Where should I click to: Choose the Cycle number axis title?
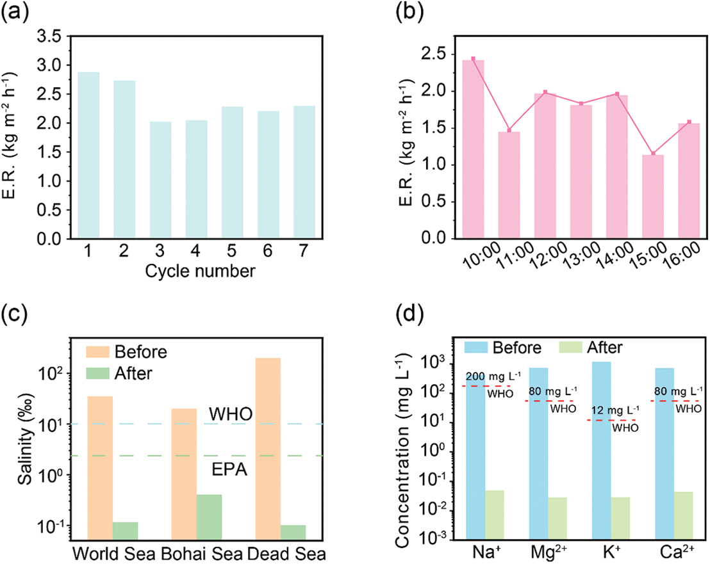point(200,271)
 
